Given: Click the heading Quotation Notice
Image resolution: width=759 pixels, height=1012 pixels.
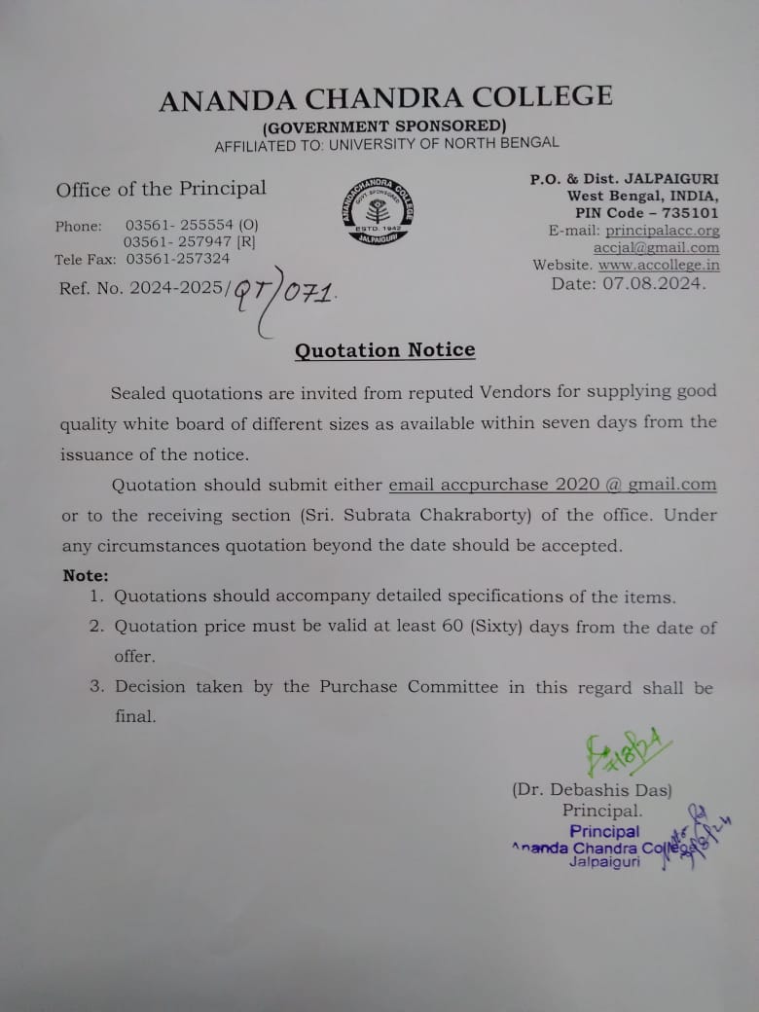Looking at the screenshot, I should coord(385,350).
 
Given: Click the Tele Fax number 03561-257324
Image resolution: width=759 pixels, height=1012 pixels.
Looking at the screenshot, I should coord(178,259).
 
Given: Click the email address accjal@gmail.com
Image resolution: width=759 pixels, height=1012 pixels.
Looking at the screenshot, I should coord(656,248).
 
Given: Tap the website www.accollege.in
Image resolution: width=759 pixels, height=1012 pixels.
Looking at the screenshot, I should coord(659,265).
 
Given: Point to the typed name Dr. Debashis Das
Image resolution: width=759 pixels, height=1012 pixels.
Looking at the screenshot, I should coord(592,791).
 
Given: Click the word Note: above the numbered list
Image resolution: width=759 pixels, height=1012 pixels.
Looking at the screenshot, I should coord(86,576).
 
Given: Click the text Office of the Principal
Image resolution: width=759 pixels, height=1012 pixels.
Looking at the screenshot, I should coord(161,189).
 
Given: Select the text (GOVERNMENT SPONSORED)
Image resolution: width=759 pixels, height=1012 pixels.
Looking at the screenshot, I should coord(384,126).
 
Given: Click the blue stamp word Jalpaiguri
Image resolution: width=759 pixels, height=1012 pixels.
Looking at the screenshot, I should coord(604,862).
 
